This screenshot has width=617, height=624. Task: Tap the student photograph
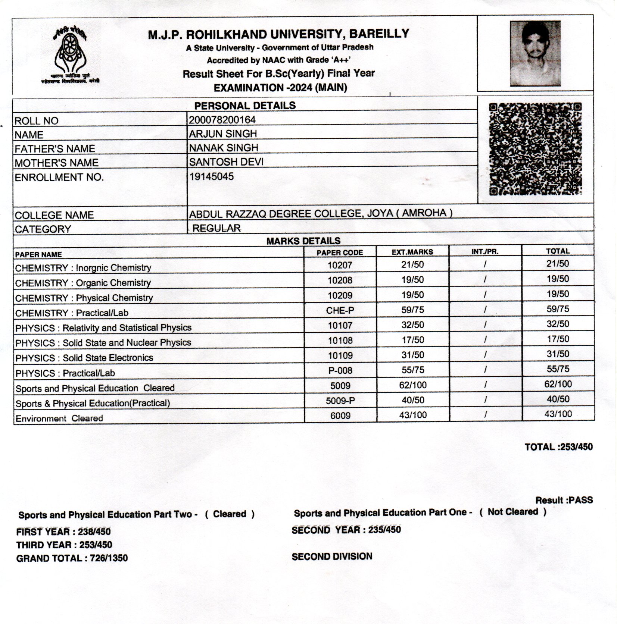[x=535, y=53]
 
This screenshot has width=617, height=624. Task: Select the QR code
[x=535, y=149]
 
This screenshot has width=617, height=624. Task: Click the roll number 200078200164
[x=222, y=120]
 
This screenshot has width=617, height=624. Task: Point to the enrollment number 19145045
[x=211, y=176]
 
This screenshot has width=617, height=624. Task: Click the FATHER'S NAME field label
[x=55, y=149]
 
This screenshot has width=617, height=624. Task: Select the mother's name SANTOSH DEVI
[x=226, y=162]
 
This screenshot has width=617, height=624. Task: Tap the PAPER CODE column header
[x=340, y=253]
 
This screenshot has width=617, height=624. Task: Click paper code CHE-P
[x=340, y=310]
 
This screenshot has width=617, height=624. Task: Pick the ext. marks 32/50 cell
[x=412, y=325]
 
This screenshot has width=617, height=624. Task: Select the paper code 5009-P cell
[x=340, y=401]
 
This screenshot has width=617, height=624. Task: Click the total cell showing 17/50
[x=558, y=339]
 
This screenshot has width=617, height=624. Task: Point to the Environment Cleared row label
[x=59, y=418]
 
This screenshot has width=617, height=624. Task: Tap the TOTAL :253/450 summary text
[x=558, y=447]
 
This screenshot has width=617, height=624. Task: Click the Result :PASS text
[x=564, y=500]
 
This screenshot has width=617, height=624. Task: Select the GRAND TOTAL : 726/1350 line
[x=72, y=558]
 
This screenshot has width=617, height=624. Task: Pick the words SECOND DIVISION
[x=332, y=556]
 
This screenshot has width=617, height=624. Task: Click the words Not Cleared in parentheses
[x=512, y=512]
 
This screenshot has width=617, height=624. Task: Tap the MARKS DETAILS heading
[x=303, y=241]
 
